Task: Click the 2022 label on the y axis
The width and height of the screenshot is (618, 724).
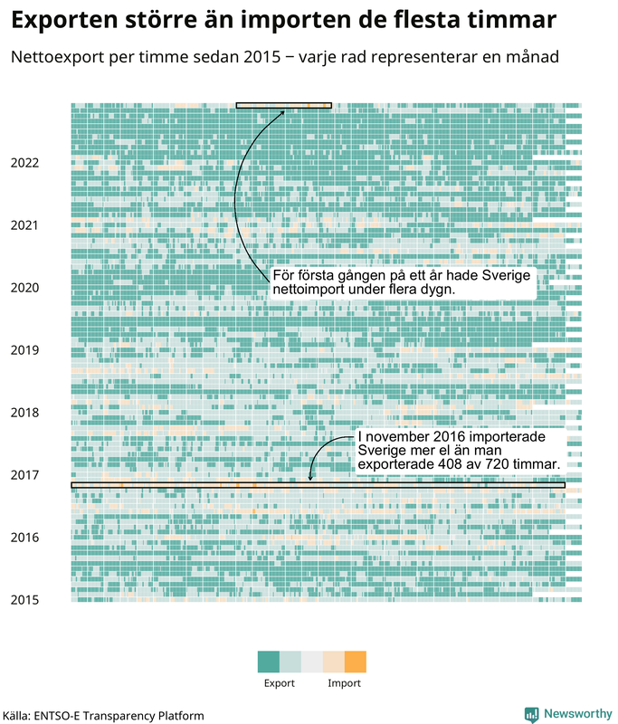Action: click(24, 163)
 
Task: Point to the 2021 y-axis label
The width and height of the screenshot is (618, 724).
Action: click(24, 225)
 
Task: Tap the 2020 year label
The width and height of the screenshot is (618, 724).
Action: click(24, 288)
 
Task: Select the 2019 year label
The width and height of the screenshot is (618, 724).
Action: click(24, 350)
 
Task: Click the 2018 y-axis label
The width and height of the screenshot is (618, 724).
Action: click(24, 413)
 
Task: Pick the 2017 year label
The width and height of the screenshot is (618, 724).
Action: click(24, 475)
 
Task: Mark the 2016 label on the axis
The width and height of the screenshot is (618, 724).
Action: click(24, 538)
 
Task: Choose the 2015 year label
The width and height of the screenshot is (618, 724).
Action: click(24, 599)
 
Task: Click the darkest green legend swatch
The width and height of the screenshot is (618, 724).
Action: click(268, 662)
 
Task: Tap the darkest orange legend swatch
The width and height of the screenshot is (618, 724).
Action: click(356, 662)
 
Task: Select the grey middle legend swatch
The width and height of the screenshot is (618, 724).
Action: click(312, 662)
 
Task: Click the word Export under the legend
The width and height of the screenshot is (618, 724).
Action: click(279, 683)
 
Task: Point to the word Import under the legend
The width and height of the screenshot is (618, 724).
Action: click(344, 683)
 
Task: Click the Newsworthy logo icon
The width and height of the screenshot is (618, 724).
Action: click(532, 714)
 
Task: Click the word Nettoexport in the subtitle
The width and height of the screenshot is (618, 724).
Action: click(55, 57)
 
